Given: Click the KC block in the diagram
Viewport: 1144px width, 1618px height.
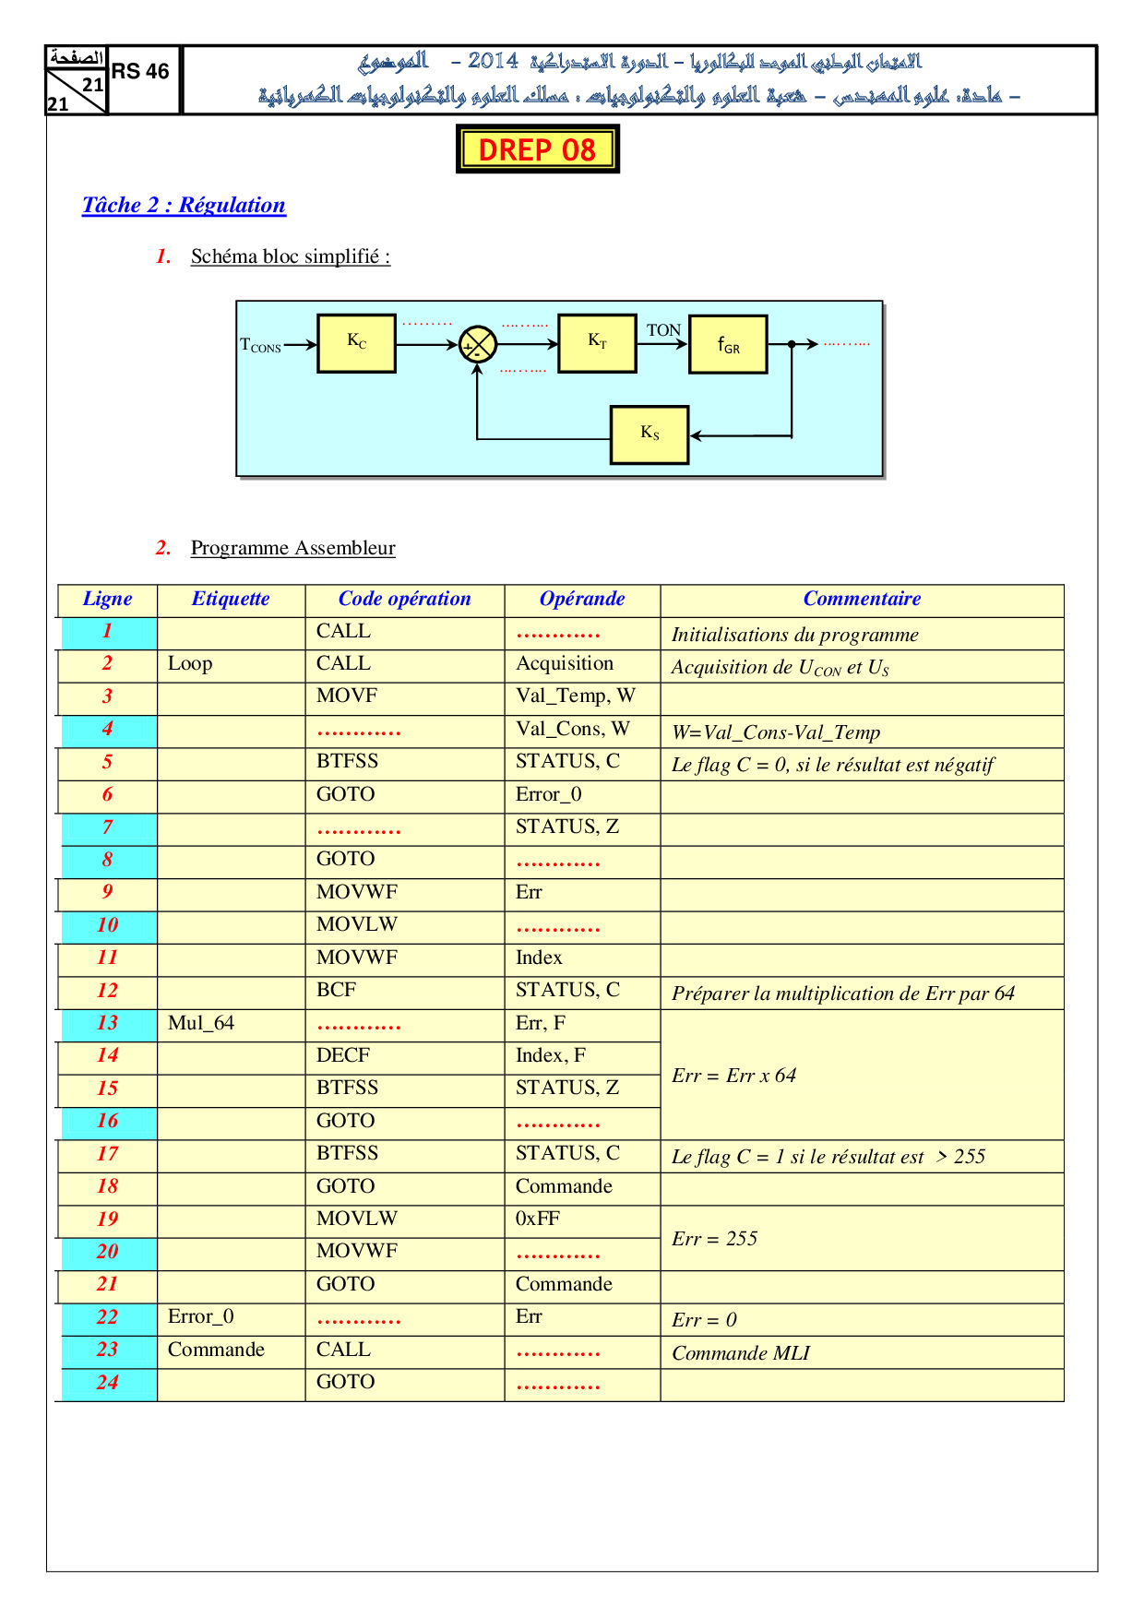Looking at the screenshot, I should click(x=356, y=343).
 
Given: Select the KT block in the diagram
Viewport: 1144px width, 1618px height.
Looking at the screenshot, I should click(x=597, y=342).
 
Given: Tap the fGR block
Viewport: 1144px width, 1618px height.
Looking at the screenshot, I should click(x=728, y=345).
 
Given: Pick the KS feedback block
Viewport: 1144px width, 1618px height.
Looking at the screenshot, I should click(x=649, y=434).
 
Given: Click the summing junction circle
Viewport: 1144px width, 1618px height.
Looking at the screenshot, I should click(x=478, y=345).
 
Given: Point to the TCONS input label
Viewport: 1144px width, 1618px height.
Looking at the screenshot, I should click(x=260, y=346).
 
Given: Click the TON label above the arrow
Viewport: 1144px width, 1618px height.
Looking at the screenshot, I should click(x=663, y=330).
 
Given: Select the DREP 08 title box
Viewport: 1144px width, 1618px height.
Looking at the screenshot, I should click(x=537, y=149).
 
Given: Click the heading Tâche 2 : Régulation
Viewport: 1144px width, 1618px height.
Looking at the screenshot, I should click(x=184, y=205).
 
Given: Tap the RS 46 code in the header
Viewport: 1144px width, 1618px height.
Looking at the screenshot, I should click(x=140, y=72).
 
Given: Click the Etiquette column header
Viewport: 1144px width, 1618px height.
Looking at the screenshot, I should click(x=231, y=600).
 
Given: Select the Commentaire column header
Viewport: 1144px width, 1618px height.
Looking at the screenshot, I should click(x=862, y=600).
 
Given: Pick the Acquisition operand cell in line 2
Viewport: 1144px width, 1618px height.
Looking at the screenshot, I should click(x=565, y=664).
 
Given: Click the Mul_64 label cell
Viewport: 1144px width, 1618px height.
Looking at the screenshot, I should click(x=201, y=1024).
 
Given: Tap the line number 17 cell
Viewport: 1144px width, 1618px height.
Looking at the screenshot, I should click(x=107, y=1154).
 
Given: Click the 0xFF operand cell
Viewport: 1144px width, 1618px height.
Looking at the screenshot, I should click(x=538, y=1219).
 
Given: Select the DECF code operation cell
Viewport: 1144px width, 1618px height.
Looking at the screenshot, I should click(x=343, y=1056).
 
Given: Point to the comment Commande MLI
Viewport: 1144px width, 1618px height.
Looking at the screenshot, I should click(x=741, y=1353).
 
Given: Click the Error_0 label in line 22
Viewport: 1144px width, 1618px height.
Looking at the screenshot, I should click(x=201, y=1317).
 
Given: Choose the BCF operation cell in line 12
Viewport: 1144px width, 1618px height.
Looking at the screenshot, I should click(x=336, y=991).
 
